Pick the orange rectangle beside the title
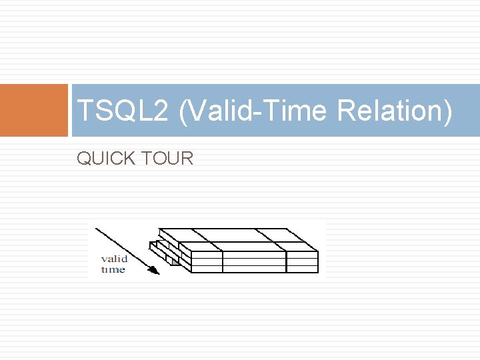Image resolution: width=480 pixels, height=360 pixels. point(34,110)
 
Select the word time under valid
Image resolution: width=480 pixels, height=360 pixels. point(113,269)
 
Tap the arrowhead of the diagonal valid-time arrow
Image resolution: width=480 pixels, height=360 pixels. point(155,270)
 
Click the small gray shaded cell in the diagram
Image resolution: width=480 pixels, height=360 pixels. point(175,263)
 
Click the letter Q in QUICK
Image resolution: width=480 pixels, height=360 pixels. point(83,159)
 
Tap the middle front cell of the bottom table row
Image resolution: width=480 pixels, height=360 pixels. point(254,269)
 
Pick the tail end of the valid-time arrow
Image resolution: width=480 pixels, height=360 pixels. point(97,230)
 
